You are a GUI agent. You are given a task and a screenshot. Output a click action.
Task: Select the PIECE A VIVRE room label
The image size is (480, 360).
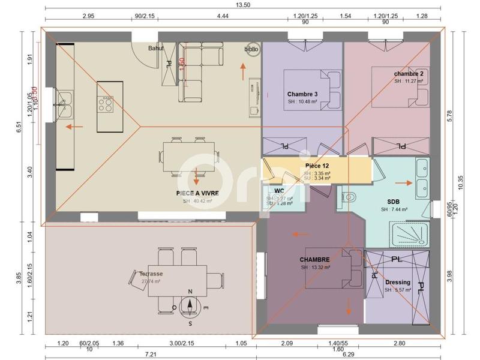(197, 193)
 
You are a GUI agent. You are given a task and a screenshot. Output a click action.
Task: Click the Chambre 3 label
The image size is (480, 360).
(302, 94)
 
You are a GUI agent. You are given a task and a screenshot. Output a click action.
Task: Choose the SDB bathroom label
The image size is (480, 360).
(394, 202)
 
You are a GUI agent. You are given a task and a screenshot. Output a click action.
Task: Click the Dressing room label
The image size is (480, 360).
(398, 282)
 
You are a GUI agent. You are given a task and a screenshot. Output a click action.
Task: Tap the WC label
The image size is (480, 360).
(279, 191)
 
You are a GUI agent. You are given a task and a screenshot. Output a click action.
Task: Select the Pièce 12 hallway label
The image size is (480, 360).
(317, 165)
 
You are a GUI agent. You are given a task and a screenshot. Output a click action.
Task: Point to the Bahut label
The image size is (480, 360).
(157, 48)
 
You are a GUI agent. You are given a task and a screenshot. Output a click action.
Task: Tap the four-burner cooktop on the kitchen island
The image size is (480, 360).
(106, 104)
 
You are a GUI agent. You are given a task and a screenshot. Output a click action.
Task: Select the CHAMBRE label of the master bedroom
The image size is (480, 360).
(315, 260)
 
